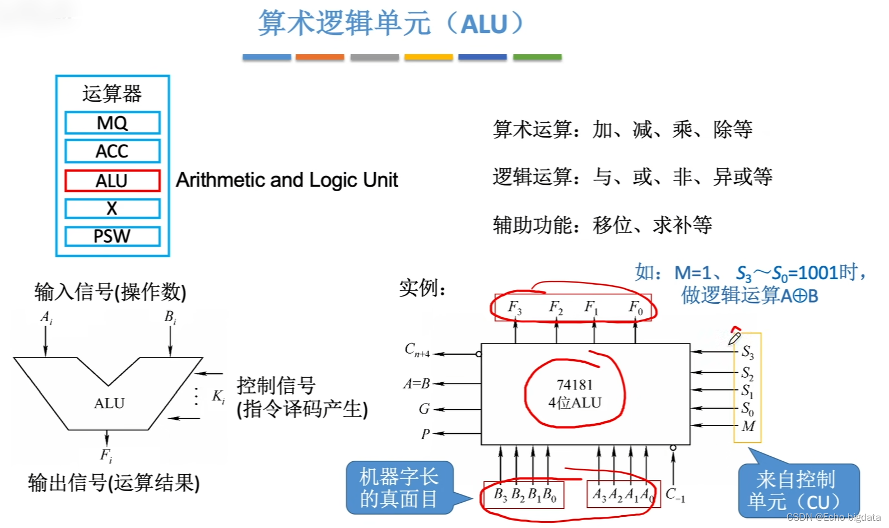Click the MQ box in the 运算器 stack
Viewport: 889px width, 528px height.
pyautogui.click(x=112, y=123)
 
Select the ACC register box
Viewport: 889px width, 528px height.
pyautogui.click(x=112, y=151)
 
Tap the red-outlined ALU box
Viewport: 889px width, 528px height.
pyautogui.click(x=112, y=181)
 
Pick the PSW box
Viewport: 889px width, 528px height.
pyautogui.click(x=112, y=236)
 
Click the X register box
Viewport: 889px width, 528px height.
pyautogui.click(x=112, y=209)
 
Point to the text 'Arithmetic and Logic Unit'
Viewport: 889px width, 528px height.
pyautogui.click(x=287, y=180)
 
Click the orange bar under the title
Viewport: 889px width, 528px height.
pyautogui.click(x=319, y=57)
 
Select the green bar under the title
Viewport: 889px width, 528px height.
pyautogui.click(x=537, y=57)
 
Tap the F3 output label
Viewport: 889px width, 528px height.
pyautogui.click(x=514, y=307)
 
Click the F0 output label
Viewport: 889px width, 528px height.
pyautogui.click(x=635, y=307)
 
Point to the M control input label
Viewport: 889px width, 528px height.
pyautogui.click(x=748, y=426)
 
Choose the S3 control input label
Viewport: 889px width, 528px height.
pyautogui.click(x=748, y=352)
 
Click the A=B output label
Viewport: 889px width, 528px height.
pyautogui.click(x=416, y=384)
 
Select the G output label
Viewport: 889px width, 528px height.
pyautogui.click(x=424, y=409)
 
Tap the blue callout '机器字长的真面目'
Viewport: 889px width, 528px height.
pyautogui.click(x=399, y=488)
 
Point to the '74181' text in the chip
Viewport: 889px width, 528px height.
pyautogui.click(x=574, y=385)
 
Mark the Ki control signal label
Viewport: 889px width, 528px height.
pyautogui.click(x=218, y=396)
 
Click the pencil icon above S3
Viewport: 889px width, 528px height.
pyautogui.click(x=734, y=337)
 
